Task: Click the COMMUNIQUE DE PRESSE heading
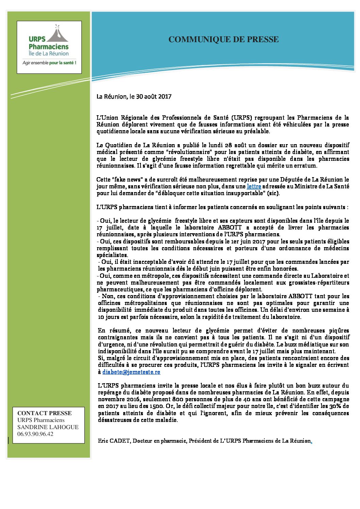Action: [x=224, y=39]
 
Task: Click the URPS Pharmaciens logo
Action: [x=49, y=47]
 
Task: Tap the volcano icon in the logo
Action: [x=58, y=33]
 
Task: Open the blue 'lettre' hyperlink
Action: [x=254, y=186]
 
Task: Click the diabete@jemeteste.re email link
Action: [x=131, y=372]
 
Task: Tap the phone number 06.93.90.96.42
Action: [x=35, y=434]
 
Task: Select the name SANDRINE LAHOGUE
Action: [x=48, y=427]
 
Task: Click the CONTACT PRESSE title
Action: [x=45, y=413]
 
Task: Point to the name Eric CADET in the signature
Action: [x=114, y=441]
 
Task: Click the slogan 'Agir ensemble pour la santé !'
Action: [x=49, y=63]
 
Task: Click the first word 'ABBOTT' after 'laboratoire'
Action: [x=230, y=227]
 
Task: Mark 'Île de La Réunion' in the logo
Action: [x=49, y=53]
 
